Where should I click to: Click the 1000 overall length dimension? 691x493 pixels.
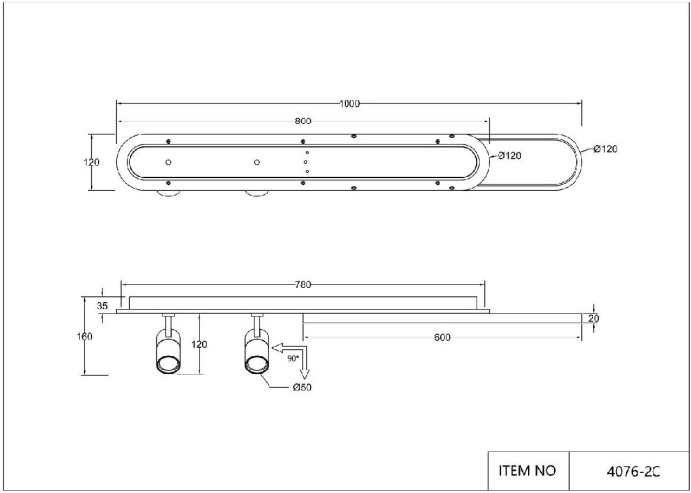tap(349, 104)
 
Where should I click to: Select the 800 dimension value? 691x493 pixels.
tap(303, 122)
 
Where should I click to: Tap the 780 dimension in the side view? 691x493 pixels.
tap(303, 285)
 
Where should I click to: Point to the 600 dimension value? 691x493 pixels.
tap(442, 338)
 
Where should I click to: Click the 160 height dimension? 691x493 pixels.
tap(85, 337)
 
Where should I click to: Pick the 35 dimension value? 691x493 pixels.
tap(102, 306)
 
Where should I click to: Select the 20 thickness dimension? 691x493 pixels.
tap(594, 318)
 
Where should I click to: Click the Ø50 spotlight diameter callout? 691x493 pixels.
tap(302, 388)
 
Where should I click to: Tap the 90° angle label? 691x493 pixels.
tap(293, 359)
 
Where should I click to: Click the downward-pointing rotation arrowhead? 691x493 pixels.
tap(305, 373)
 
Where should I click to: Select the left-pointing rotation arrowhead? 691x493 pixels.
tap(277, 348)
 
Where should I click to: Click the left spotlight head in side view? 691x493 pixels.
tap(168, 352)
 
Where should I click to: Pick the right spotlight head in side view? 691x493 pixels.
tap(257, 352)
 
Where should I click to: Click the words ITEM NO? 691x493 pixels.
tap(527, 471)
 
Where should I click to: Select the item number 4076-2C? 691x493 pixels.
tap(634, 472)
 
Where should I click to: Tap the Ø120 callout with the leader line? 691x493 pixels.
tap(605, 149)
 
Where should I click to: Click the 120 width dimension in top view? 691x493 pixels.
tap(91, 162)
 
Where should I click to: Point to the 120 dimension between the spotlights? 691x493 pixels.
tap(199, 345)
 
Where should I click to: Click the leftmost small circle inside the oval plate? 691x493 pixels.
tap(168, 162)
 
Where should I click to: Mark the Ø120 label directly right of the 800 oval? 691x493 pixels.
tap(509, 156)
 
